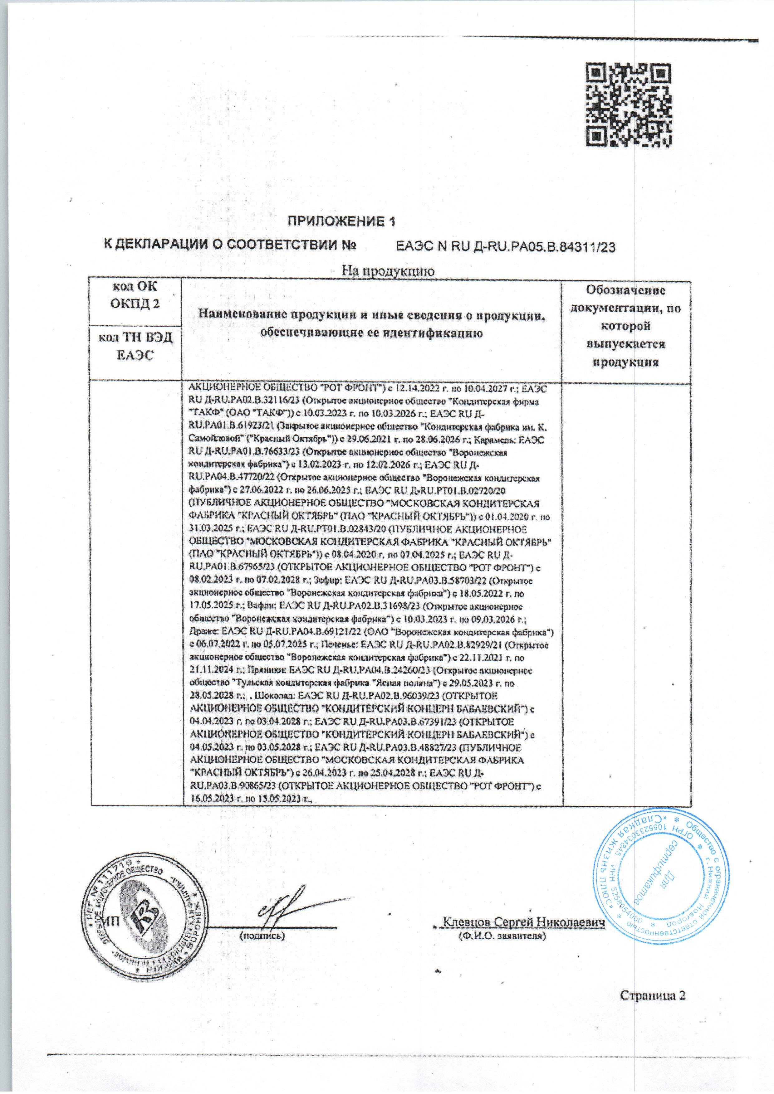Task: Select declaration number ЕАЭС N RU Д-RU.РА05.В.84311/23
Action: pos(507,247)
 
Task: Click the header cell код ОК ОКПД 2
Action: pos(135,295)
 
